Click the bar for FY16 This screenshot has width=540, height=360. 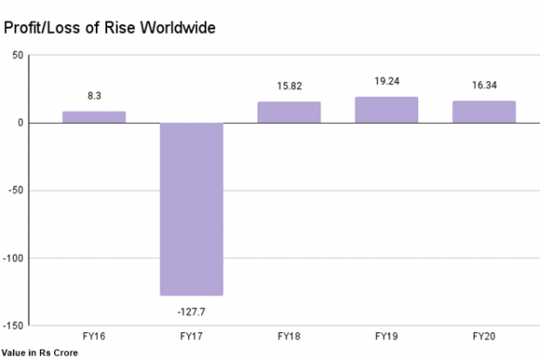click(x=94, y=117)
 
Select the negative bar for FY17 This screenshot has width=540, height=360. click(x=192, y=209)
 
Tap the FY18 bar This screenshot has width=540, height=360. click(x=289, y=112)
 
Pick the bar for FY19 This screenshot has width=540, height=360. click(x=387, y=109)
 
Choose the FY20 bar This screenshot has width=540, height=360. click(x=484, y=112)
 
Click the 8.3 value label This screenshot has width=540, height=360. click(x=94, y=95)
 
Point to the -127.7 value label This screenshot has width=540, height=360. click(x=192, y=309)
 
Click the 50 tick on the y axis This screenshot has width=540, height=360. click(x=17, y=55)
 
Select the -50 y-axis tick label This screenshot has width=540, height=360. click(x=16, y=190)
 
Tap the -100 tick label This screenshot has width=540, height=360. click(x=13, y=258)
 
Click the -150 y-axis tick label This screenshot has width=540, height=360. click(x=13, y=325)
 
